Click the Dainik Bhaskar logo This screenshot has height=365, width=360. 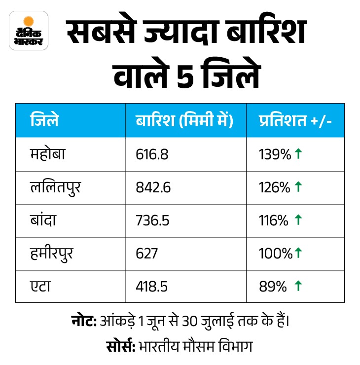click(29, 30)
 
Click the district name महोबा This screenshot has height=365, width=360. click(48, 154)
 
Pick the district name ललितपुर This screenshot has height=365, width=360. click(54, 187)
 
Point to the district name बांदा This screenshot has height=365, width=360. click(44, 220)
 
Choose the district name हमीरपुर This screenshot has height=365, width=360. click(53, 254)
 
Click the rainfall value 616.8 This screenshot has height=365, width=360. click(152, 155)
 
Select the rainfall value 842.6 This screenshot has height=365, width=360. click(153, 187)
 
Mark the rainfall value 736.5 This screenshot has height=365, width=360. click(152, 220)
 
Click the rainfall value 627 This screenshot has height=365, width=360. click(146, 254)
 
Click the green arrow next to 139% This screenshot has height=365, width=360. click(298, 154)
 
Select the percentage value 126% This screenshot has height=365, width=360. click(274, 187)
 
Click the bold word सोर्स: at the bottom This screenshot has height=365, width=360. click(120, 346)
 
